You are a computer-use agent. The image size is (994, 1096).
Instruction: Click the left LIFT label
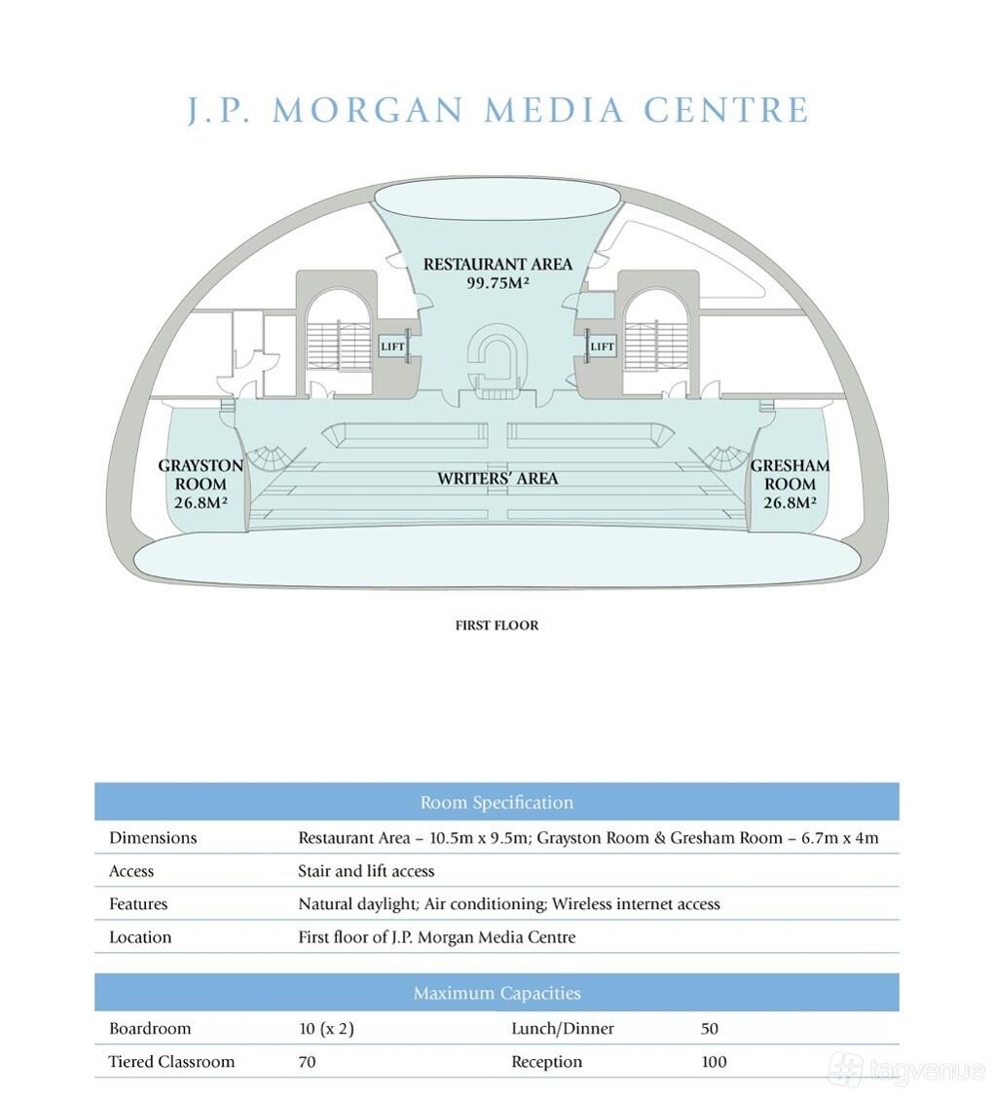tap(393, 347)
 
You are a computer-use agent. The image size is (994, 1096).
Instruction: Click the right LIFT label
tap(602, 347)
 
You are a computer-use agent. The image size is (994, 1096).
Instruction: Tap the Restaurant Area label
tap(497, 264)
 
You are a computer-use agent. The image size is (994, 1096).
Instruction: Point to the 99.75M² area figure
tap(497, 284)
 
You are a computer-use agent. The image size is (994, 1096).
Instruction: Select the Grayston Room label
tap(201, 475)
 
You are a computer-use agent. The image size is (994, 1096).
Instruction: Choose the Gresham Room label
tap(790, 475)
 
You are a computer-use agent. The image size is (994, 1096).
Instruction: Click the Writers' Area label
tap(497, 479)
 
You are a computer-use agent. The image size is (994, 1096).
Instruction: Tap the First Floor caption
tap(497, 626)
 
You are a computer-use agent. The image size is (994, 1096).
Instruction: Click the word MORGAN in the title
tap(368, 110)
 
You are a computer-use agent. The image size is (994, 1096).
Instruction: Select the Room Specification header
tap(497, 802)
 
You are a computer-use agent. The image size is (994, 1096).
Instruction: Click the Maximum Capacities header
tap(497, 993)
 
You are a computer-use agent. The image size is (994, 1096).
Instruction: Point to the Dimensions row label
tap(153, 838)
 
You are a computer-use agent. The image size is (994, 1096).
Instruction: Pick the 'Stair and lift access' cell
tap(366, 871)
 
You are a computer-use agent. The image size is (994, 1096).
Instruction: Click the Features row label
tap(138, 904)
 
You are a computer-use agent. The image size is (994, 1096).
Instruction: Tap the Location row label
tap(140, 937)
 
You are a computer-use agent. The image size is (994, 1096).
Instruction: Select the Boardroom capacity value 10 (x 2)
tap(326, 1029)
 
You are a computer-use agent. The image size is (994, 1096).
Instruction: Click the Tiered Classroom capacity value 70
tap(307, 1063)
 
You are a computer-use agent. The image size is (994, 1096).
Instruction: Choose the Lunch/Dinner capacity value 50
tap(710, 1029)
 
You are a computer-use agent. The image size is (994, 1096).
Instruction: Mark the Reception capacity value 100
tap(714, 1063)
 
